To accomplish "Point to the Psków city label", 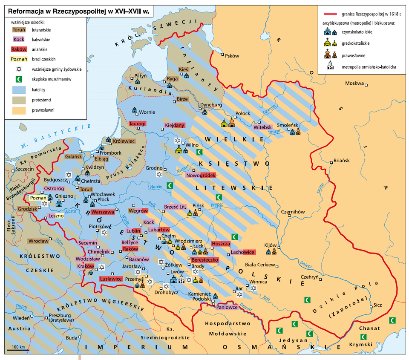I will tap(232, 56).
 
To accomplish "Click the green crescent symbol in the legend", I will tap(18, 79).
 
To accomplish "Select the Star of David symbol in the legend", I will tap(18, 69).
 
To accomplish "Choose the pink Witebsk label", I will tap(262, 127).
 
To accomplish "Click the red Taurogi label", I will tap(138, 124).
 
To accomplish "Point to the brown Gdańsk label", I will tap(73, 157).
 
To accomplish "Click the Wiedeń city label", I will tap(21, 317).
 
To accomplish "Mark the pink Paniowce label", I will tap(227, 307).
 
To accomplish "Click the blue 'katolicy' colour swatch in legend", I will tap(18, 89).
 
